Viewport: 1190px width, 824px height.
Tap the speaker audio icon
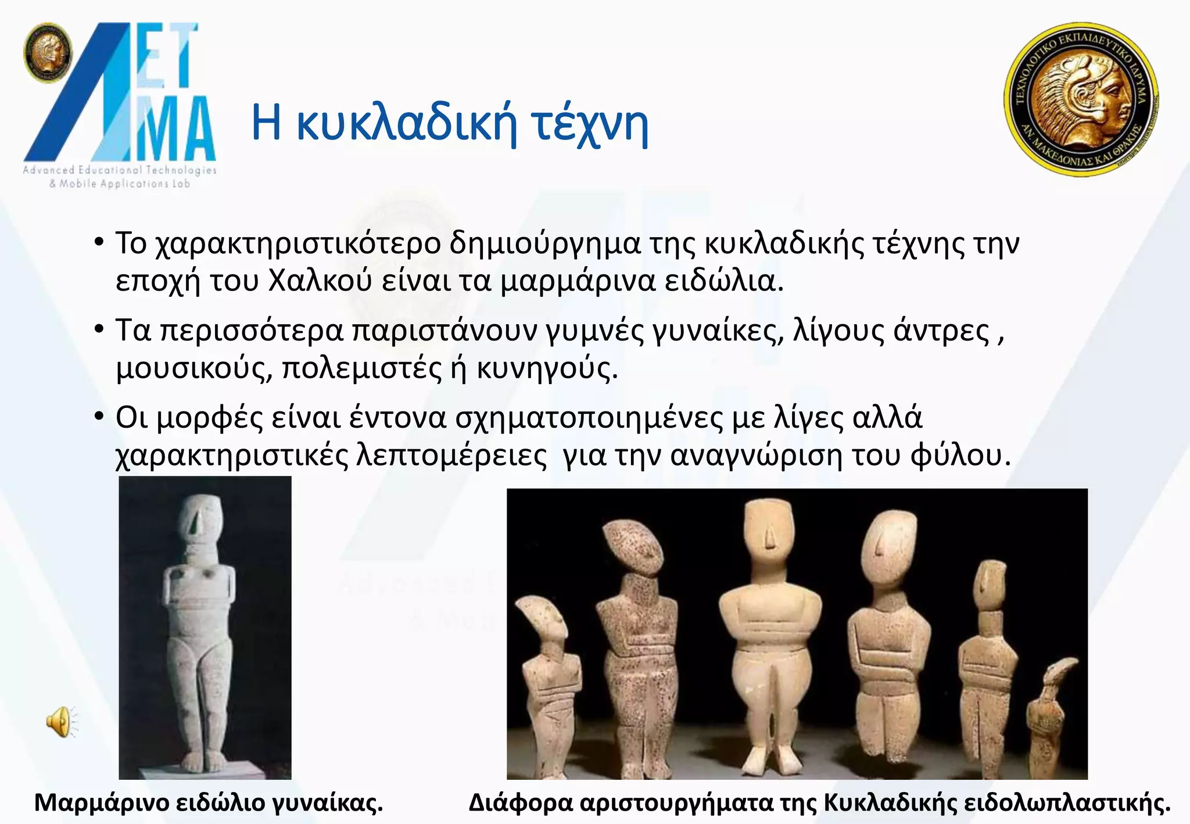60,722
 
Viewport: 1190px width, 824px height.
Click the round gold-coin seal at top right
1081,99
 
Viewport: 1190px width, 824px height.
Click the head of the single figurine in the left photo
199,517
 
